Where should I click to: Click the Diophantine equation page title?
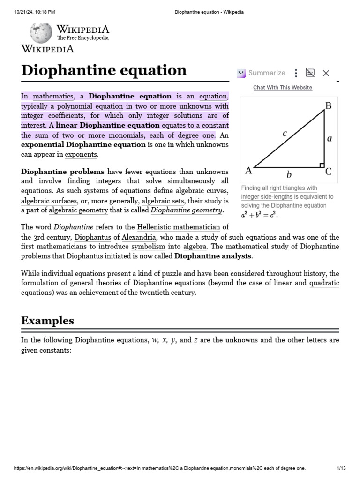tap(104, 70)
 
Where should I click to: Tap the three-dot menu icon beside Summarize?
tap(296, 73)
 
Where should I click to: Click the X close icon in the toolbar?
tap(326, 73)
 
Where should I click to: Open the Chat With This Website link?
tap(282, 87)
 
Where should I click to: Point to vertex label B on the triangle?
tap(328, 106)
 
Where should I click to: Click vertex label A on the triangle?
tap(249, 171)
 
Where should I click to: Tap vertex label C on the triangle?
tap(329, 172)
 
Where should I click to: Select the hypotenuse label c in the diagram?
tap(285, 134)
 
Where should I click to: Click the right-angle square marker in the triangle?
tap(322, 165)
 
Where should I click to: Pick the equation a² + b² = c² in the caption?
tap(259, 215)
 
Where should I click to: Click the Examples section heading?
tap(47, 321)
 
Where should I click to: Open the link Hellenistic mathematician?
tap(179, 227)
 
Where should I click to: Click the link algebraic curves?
tap(201, 191)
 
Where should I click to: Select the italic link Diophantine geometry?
tap(183, 210)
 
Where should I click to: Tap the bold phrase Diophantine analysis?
tap(213, 256)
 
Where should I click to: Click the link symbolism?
tap(148, 247)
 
